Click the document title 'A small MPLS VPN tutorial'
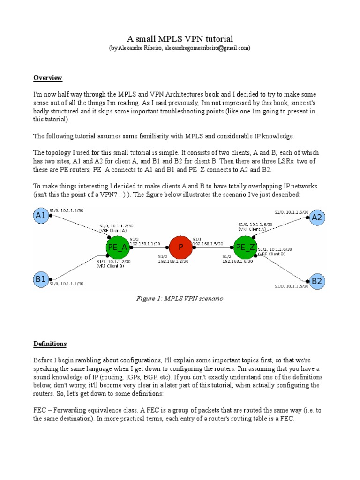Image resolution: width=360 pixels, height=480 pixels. tap(180, 38)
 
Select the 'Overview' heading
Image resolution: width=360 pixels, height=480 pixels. tap(48, 77)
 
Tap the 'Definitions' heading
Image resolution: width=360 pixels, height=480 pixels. tap(50, 344)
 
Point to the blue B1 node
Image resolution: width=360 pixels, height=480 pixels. tap(40, 280)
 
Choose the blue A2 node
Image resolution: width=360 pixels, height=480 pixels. tap(317, 217)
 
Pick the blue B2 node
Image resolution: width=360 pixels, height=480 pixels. tap(317, 281)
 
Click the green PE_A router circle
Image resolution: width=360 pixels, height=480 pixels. tap(117, 247)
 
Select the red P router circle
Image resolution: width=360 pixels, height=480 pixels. tap(180, 247)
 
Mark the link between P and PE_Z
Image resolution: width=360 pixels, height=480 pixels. tap(212, 247)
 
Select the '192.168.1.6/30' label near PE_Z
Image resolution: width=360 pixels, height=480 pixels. tap(238, 261)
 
